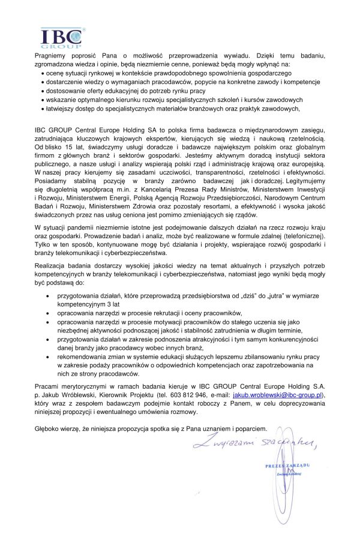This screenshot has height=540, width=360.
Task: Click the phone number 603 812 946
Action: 185,396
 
